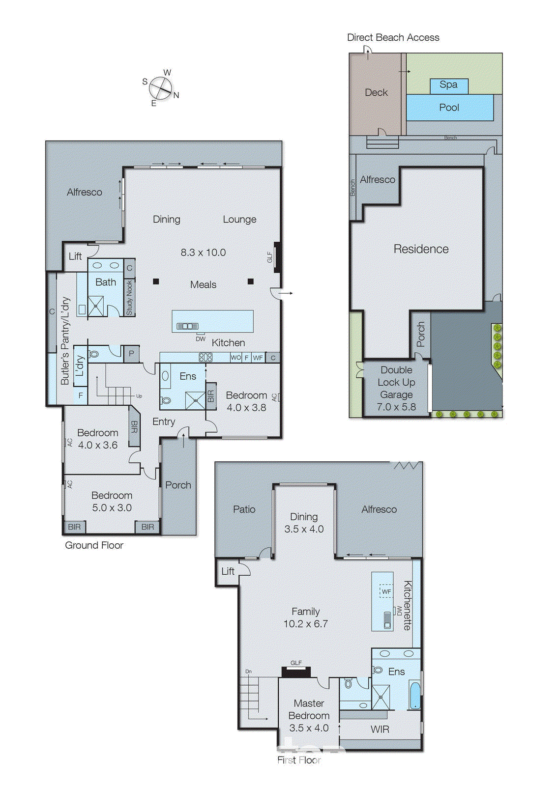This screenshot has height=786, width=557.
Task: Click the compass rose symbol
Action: (x=160, y=88)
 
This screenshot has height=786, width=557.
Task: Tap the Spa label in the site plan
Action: (x=448, y=85)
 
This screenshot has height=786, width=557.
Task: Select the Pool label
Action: (x=449, y=108)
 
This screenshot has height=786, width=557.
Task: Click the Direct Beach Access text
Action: (x=393, y=38)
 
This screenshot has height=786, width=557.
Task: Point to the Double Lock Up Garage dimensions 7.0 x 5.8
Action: (x=396, y=407)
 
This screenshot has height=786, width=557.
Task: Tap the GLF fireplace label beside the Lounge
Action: (x=270, y=257)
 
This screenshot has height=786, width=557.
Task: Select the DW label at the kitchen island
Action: (x=201, y=339)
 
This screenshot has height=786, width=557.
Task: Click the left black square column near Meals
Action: (x=156, y=281)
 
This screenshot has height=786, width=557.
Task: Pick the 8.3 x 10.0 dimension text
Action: (x=203, y=253)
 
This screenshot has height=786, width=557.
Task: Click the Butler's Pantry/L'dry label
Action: (x=65, y=341)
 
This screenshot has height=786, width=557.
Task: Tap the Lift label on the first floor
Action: (x=228, y=571)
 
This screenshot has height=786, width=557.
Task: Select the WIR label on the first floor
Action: (x=380, y=730)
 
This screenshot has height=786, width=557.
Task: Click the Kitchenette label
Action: (x=407, y=605)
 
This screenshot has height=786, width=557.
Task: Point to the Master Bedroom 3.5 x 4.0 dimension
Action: (x=309, y=728)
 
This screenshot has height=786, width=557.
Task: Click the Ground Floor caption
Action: (x=94, y=545)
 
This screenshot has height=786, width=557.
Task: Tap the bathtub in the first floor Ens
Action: (x=414, y=695)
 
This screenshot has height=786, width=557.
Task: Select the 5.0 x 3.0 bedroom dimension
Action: (x=112, y=508)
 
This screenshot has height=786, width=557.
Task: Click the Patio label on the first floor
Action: (x=244, y=509)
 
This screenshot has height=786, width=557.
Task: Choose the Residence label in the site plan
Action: (x=421, y=249)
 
